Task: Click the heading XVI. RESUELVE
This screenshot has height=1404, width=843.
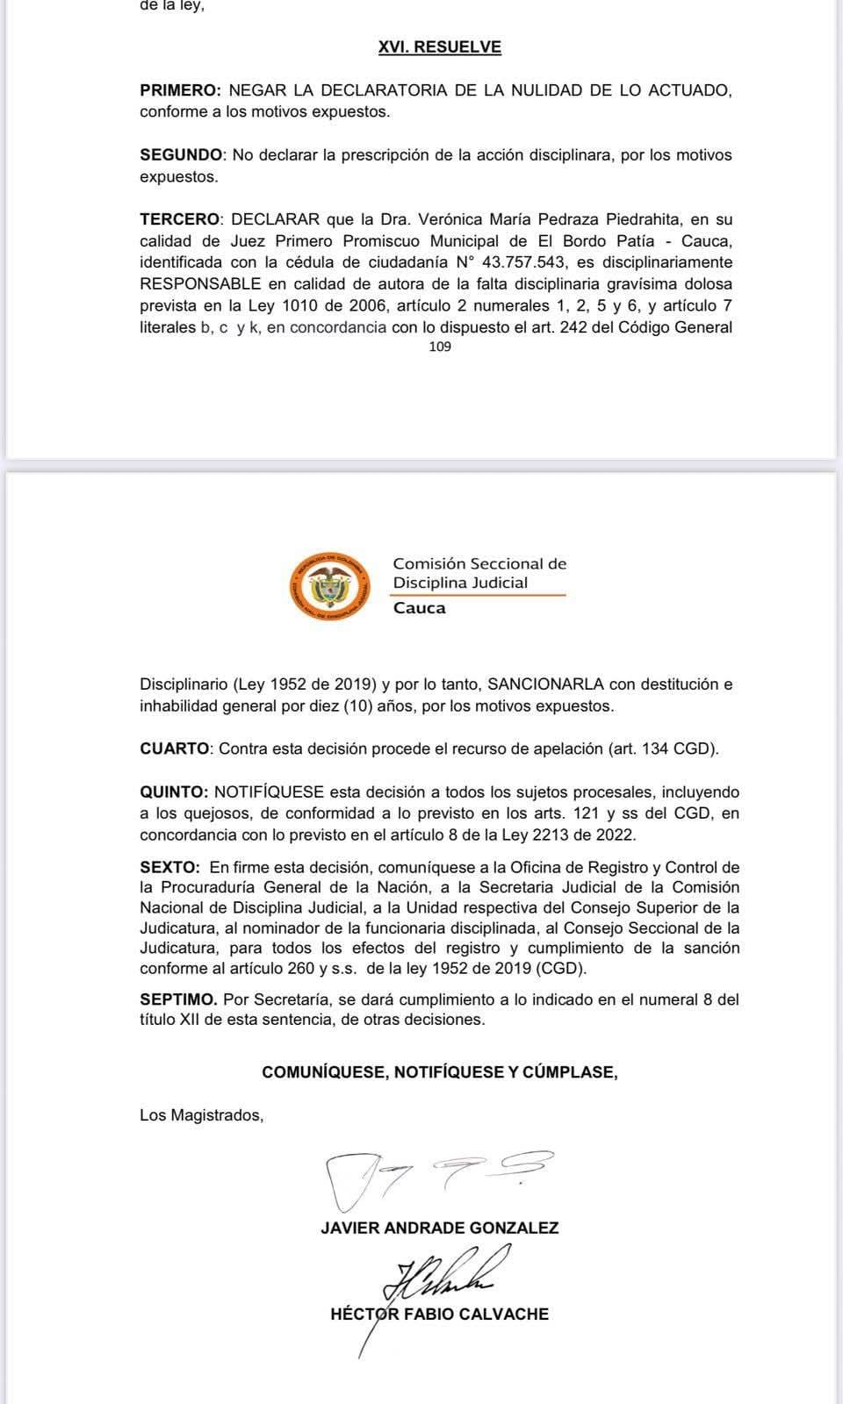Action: coord(439,47)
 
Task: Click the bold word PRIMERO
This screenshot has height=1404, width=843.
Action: coord(179,90)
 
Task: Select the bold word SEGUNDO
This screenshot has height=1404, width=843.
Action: coord(182,155)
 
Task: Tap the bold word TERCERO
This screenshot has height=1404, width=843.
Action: coord(179,219)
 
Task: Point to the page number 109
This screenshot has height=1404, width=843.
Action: coord(440,347)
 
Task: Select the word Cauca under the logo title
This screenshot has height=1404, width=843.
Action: coord(419,608)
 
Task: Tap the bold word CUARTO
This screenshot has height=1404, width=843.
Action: coord(174,749)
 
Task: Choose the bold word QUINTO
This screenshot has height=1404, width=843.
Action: coord(173,792)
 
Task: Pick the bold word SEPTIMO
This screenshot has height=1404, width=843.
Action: coord(178,999)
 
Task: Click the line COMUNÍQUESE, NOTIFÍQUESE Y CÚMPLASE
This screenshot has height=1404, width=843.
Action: coord(439,1072)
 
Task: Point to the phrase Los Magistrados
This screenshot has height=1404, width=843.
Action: coord(201,1115)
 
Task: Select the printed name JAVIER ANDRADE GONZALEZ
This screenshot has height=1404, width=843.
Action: coord(439,1228)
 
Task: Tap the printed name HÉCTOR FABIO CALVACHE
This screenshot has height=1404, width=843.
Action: coord(439,1314)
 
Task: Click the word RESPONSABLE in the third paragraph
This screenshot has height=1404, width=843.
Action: coord(200,284)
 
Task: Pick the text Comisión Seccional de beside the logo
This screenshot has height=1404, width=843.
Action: coord(479,563)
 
